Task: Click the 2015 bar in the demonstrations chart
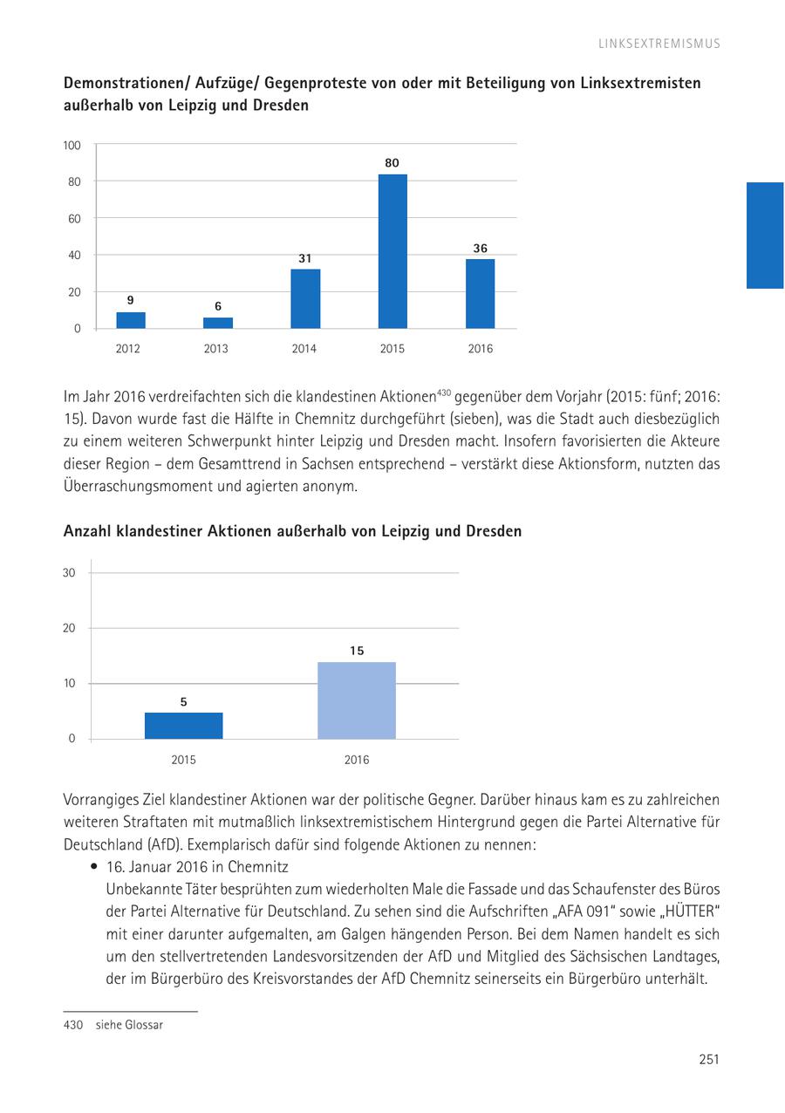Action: click(392, 251)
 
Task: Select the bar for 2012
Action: click(131, 320)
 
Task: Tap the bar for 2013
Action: click(218, 323)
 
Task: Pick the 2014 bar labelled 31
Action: click(305, 298)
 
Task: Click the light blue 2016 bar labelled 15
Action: click(356, 700)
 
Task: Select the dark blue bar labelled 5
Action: click(183, 726)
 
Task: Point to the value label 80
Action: click(392, 163)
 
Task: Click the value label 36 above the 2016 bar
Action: click(480, 249)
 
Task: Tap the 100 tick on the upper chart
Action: click(72, 145)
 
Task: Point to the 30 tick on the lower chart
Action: click(69, 572)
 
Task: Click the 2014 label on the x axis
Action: click(304, 349)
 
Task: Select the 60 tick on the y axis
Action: click(74, 218)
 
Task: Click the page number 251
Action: click(708, 1060)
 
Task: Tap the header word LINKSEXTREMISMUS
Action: click(659, 44)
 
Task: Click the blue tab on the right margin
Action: click(765, 235)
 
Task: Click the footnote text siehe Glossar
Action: click(129, 1025)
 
